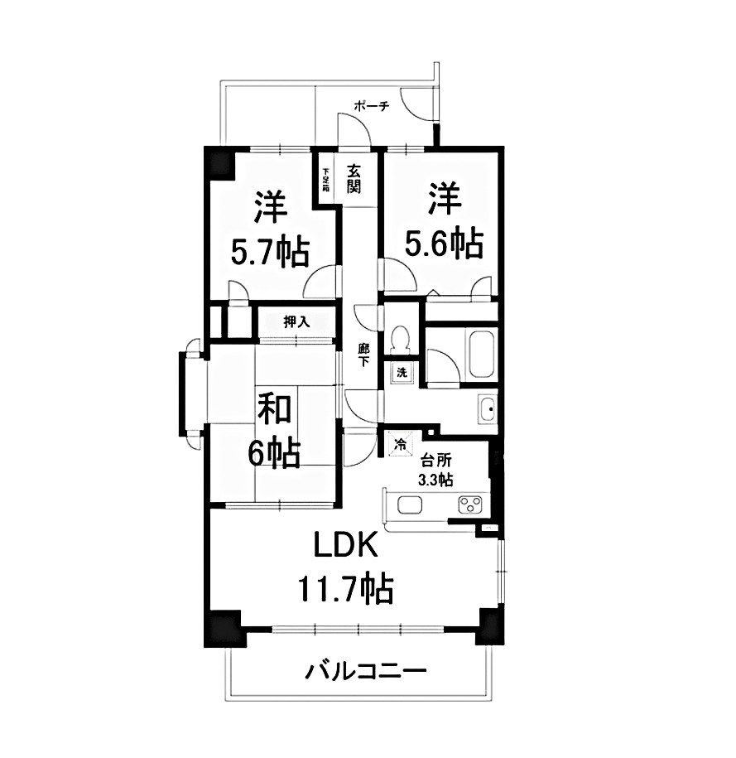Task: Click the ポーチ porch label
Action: [x=371, y=107]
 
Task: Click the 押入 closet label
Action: [x=296, y=321]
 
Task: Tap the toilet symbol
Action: [x=401, y=339]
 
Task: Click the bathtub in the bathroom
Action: [x=481, y=355]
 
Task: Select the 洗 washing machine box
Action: [x=401, y=372]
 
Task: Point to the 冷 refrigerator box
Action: [x=399, y=444]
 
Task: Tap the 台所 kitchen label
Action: [x=435, y=461]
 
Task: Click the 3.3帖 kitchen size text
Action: [x=435, y=480]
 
